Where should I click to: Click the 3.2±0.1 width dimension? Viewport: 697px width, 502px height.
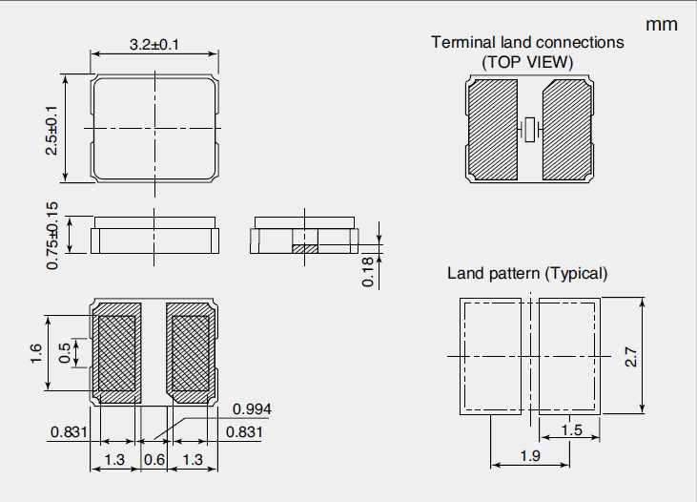pyautogui.click(x=156, y=44)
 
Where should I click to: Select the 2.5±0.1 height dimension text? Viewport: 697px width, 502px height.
pyautogui.click(x=51, y=129)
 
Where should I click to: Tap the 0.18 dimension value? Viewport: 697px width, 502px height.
pyautogui.click(x=367, y=271)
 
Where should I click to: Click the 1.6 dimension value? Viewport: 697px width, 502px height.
pyautogui.click(x=35, y=353)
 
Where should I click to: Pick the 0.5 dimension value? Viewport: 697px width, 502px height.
pyautogui.click(x=65, y=353)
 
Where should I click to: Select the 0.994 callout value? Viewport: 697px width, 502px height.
pyautogui.click(x=253, y=409)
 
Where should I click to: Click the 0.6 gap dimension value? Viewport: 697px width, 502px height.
pyautogui.click(x=154, y=460)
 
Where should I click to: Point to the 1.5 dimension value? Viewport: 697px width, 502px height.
pyautogui.click(x=571, y=430)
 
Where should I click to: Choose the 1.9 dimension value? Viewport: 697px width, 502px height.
pyautogui.click(x=532, y=456)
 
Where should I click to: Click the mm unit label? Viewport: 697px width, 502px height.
pyautogui.click(x=662, y=24)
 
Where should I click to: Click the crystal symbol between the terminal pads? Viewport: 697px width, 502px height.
pyautogui.click(x=531, y=129)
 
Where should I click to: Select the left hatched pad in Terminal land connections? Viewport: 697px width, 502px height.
pyautogui.click(x=492, y=129)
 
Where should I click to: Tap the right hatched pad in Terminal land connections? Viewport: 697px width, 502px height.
pyautogui.click(x=569, y=129)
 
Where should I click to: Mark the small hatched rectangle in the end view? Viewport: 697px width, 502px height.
pyautogui.click(x=303, y=248)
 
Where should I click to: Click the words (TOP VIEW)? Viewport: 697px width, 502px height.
pyautogui.click(x=527, y=62)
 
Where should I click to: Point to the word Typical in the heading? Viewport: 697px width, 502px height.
pyautogui.click(x=576, y=273)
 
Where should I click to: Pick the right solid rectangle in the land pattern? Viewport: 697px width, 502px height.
pyautogui.click(x=568, y=356)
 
